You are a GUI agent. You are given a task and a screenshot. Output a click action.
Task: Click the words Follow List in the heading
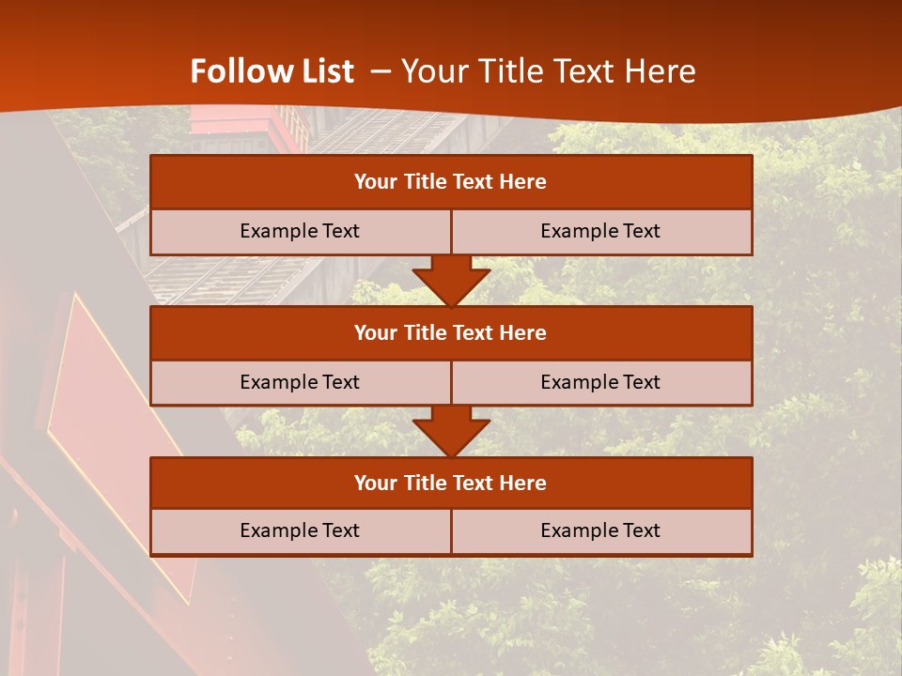point(272,71)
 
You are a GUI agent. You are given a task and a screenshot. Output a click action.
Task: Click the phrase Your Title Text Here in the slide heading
point(549,71)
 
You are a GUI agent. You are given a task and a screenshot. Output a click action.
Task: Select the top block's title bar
point(451,182)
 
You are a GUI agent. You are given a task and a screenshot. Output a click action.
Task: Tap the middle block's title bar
point(451,332)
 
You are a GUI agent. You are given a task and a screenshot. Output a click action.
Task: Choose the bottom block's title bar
point(451,483)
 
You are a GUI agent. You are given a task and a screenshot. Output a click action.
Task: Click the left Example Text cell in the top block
point(300,231)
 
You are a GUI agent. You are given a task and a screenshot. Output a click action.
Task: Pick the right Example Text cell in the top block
point(600,231)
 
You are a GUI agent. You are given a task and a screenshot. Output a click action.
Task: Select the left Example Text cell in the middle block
point(300,382)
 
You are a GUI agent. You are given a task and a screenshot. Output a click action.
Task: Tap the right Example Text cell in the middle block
point(600,382)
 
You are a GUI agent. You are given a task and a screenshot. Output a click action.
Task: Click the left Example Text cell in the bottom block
point(300,530)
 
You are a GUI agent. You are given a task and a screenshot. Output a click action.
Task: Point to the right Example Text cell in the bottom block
point(600,530)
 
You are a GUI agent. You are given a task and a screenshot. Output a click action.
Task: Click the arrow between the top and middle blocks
point(451,280)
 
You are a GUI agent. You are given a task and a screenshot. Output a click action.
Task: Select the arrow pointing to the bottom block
point(451,431)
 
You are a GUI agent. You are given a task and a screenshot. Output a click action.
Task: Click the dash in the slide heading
point(381,71)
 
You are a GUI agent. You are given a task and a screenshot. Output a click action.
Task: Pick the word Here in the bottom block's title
point(523,483)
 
